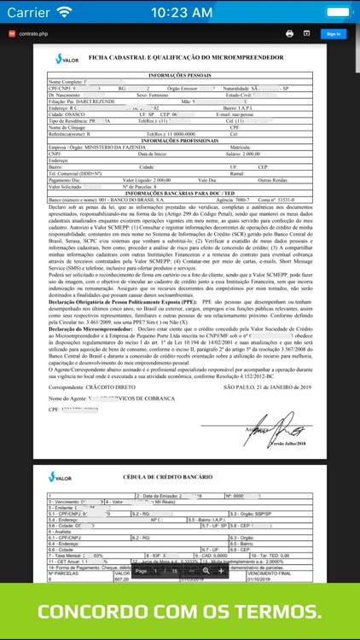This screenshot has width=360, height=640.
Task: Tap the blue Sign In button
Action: click(332, 34)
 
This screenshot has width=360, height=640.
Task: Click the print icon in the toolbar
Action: click(289, 33)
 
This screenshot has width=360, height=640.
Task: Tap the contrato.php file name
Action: click(34, 33)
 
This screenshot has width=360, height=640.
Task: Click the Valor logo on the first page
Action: click(66, 59)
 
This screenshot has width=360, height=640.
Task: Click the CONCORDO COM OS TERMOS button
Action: click(180, 611)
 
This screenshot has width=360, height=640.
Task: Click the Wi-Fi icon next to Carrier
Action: click(65, 13)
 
